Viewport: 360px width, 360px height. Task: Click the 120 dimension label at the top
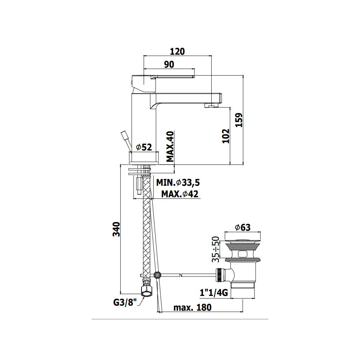[x=177, y=51]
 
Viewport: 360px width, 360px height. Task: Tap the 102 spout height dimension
[x=225, y=136]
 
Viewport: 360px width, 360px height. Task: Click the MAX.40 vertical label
[x=170, y=146]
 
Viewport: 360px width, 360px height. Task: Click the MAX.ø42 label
[x=179, y=194]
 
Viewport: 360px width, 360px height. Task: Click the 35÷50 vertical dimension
[x=215, y=249]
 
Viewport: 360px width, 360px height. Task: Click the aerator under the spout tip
[x=211, y=105]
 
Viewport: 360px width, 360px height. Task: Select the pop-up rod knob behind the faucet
[x=125, y=136]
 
